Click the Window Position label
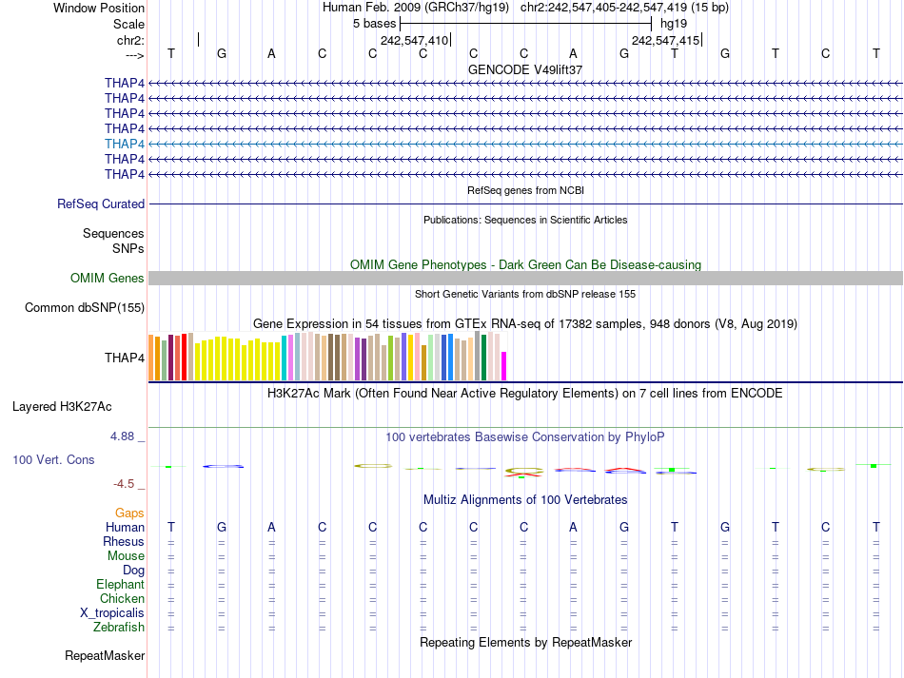(99, 8)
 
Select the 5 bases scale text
(374, 23)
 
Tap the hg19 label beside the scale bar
(674, 23)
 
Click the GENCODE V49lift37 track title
(525, 69)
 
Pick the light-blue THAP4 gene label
(125, 144)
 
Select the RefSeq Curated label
(101, 203)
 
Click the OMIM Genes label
(108, 278)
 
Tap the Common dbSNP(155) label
(85, 307)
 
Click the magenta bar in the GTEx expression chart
(504, 366)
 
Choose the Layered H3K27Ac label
(62, 406)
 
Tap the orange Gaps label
(129, 513)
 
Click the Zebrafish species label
(119, 628)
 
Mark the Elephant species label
(120, 585)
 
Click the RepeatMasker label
(105, 656)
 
